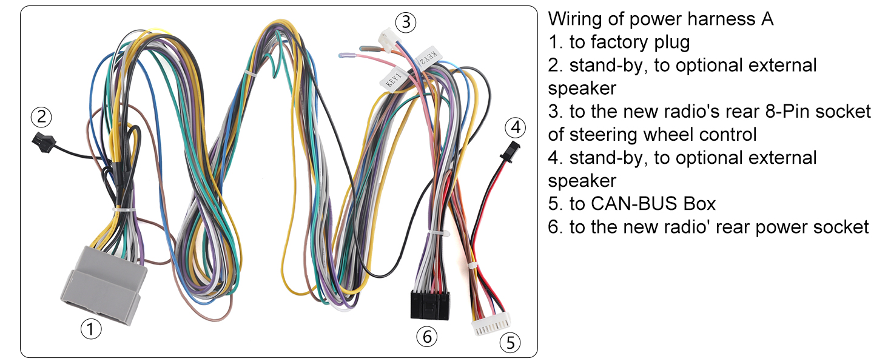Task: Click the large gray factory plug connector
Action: click(x=104, y=285)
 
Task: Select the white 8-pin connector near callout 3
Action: click(x=386, y=40)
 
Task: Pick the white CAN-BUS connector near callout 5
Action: click(x=491, y=324)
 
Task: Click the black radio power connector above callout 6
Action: click(x=430, y=305)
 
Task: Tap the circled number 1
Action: click(x=91, y=329)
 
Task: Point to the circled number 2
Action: click(x=41, y=117)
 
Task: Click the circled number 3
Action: click(x=406, y=22)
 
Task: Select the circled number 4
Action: click(x=516, y=127)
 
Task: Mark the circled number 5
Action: click(x=510, y=343)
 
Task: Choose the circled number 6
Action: click(x=427, y=337)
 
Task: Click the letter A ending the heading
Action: click(x=767, y=19)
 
